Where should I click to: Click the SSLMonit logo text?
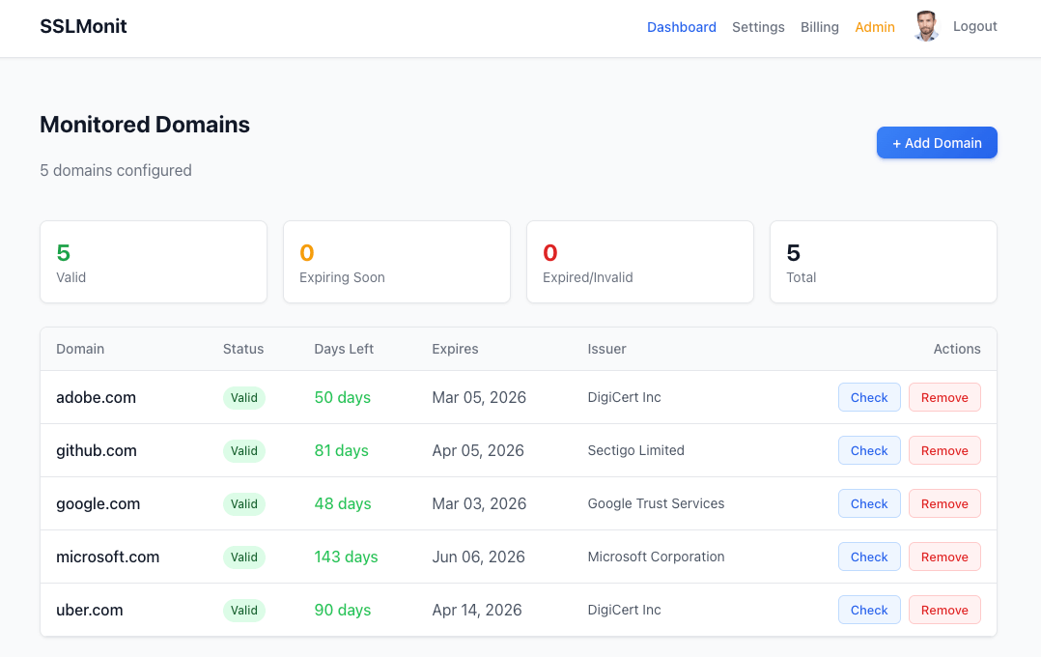[x=83, y=26]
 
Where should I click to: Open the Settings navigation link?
[x=758, y=27]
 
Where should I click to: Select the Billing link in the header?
[x=819, y=27]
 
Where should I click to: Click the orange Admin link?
[x=874, y=27]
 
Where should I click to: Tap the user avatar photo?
[x=926, y=26]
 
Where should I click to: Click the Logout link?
[x=974, y=26]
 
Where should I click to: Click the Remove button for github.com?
[x=943, y=450]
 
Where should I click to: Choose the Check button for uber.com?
[x=868, y=610]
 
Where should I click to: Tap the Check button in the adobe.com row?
[x=868, y=397]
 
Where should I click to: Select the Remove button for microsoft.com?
[x=943, y=557]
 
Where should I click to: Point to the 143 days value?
[x=346, y=557]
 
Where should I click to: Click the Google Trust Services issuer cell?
[x=656, y=503]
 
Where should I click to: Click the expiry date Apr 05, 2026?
[x=478, y=450]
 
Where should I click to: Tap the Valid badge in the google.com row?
[x=243, y=503]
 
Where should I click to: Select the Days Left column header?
[x=344, y=349]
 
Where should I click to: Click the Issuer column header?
[x=606, y=349]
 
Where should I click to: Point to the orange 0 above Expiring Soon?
[x=306, y=253]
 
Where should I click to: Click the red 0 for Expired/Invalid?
[x=549, y=253]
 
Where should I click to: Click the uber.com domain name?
[x=89, y=610]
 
